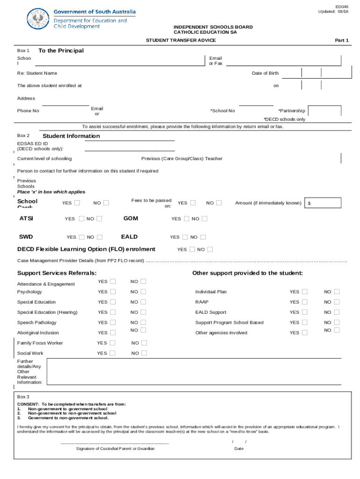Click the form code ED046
342,7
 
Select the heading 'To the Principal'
61,51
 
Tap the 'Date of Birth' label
265,73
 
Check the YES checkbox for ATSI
82,219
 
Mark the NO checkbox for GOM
204,219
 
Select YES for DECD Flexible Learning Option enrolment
192,249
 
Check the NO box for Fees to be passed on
218,203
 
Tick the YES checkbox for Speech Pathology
113,322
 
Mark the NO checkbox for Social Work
144,353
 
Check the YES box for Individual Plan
305,291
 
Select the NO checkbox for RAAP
337,302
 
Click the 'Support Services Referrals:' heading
57,273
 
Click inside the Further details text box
196,372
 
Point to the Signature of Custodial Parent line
115,442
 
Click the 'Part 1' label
341,41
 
